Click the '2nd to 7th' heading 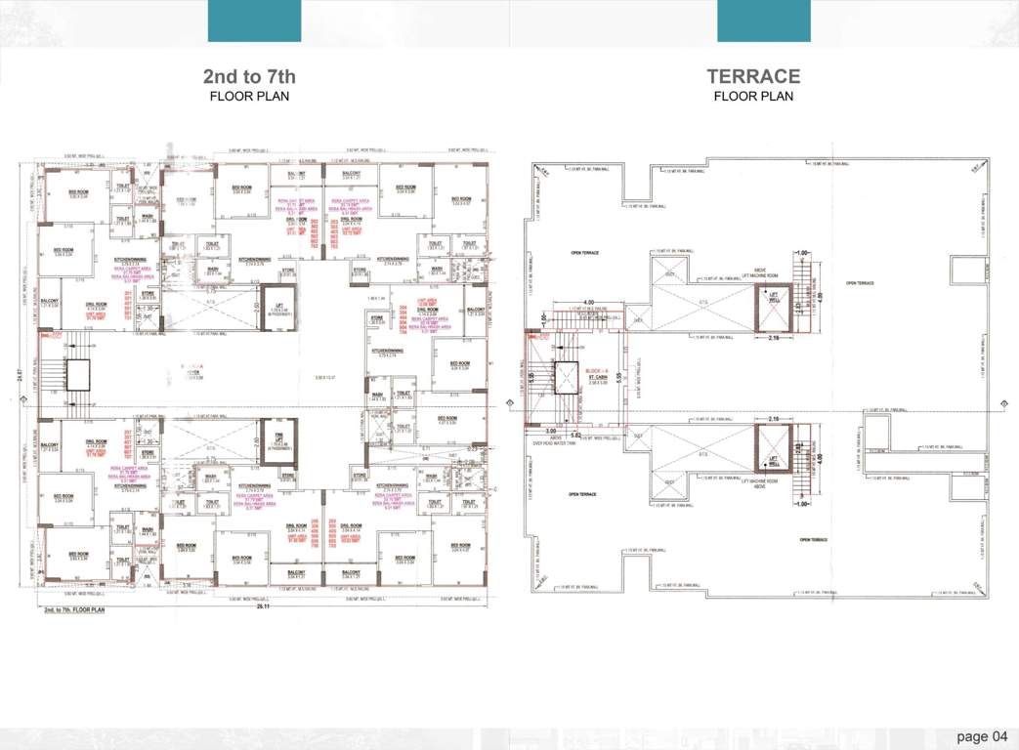(248, 77)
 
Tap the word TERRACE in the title (753, 77)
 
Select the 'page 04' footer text (981, 735)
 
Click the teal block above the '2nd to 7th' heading (254, 21)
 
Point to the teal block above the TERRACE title (763, 21)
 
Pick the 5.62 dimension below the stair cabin (576, 433)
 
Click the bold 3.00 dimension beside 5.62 (551, 431)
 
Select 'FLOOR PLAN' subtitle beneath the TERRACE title (753, 97)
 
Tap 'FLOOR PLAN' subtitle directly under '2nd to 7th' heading (248, 97)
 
